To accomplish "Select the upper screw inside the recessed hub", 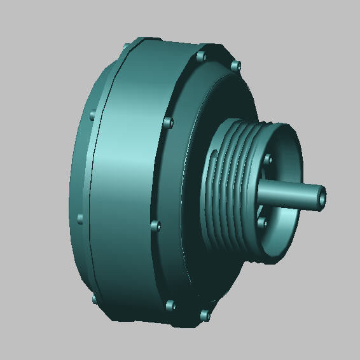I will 268,159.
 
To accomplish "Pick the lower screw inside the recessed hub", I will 261,222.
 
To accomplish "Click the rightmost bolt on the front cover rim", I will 236,66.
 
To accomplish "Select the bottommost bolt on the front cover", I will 204,314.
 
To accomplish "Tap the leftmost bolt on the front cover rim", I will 153,225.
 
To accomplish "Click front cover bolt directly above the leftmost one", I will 167,122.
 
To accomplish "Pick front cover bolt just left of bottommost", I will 169,306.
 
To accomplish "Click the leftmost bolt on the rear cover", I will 80,218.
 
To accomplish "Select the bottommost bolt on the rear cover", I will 93,298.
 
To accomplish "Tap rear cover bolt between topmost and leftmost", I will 93,116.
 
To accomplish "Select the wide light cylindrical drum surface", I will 124,191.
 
